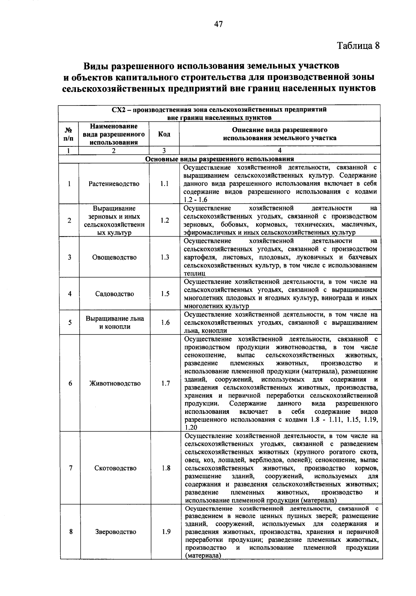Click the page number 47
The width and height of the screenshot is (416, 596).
tap(218, 24)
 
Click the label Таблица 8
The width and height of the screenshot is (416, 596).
tap(358, 46)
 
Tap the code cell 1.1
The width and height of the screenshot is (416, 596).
tap(164, 184)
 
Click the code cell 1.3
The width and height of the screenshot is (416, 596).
tap(165, 257)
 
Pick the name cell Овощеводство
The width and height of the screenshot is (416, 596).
tap(114, 257)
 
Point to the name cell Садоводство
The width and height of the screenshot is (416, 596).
tap(114, 294)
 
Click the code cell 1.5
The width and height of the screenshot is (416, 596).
tap(165, 294)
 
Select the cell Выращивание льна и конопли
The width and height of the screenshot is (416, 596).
tap(115, 323)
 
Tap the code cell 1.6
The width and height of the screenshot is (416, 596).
tap(165, 323)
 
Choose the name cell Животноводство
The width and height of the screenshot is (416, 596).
tap(115, 383)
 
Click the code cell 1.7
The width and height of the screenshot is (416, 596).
tap(166, 383)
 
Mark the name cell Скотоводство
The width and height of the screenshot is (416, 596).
tap(115, 468)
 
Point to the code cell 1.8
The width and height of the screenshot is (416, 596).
tap(166, 468)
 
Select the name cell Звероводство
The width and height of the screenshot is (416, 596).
tap(115, 531)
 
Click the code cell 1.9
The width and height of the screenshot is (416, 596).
tap(166, 531)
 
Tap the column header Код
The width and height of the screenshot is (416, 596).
tap(164, 134)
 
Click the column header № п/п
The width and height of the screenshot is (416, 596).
tap(69, 134)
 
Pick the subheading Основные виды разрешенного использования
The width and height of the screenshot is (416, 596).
tap(219, 159)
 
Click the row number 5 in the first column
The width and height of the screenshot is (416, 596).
tap(70, 323)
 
